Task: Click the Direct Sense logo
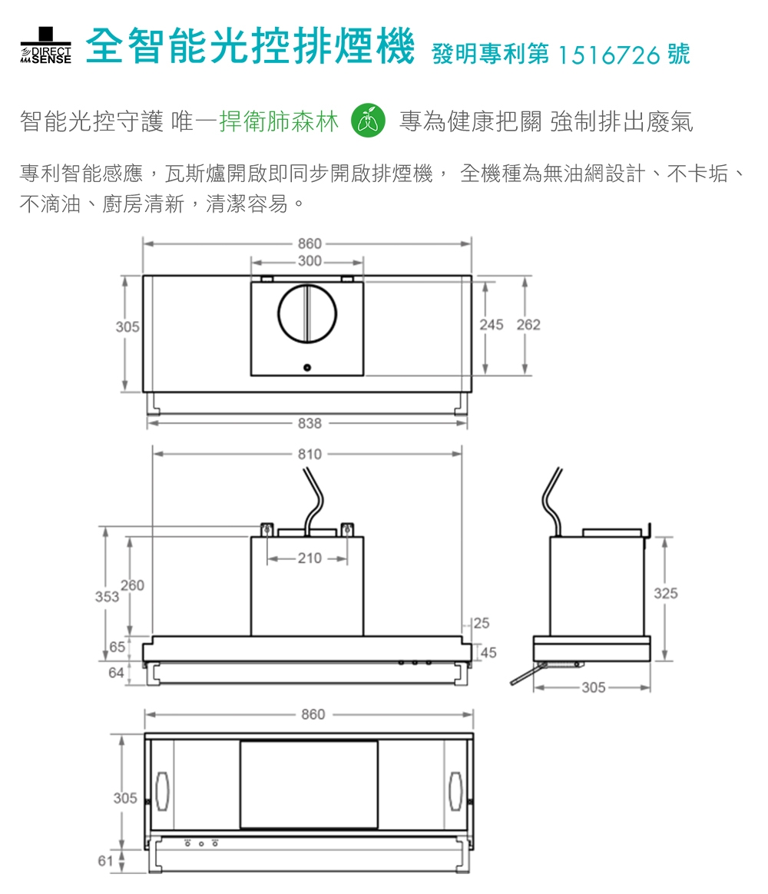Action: coord(47,47)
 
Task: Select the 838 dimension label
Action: coord(310,423)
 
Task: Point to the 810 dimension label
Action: coord(310,454)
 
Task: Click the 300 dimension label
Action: coord(310,262)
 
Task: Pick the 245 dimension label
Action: coord(492,325)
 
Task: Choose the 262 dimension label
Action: coord(528,325)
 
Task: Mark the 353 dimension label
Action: coord(106,597)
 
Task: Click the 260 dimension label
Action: coord(131,586)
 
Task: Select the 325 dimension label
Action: coord(666,593)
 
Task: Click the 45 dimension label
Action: coord(488,653)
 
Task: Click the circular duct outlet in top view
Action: coord(307,313)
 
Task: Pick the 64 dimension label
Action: coord(116,673)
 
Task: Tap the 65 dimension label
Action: coord(117,647)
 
